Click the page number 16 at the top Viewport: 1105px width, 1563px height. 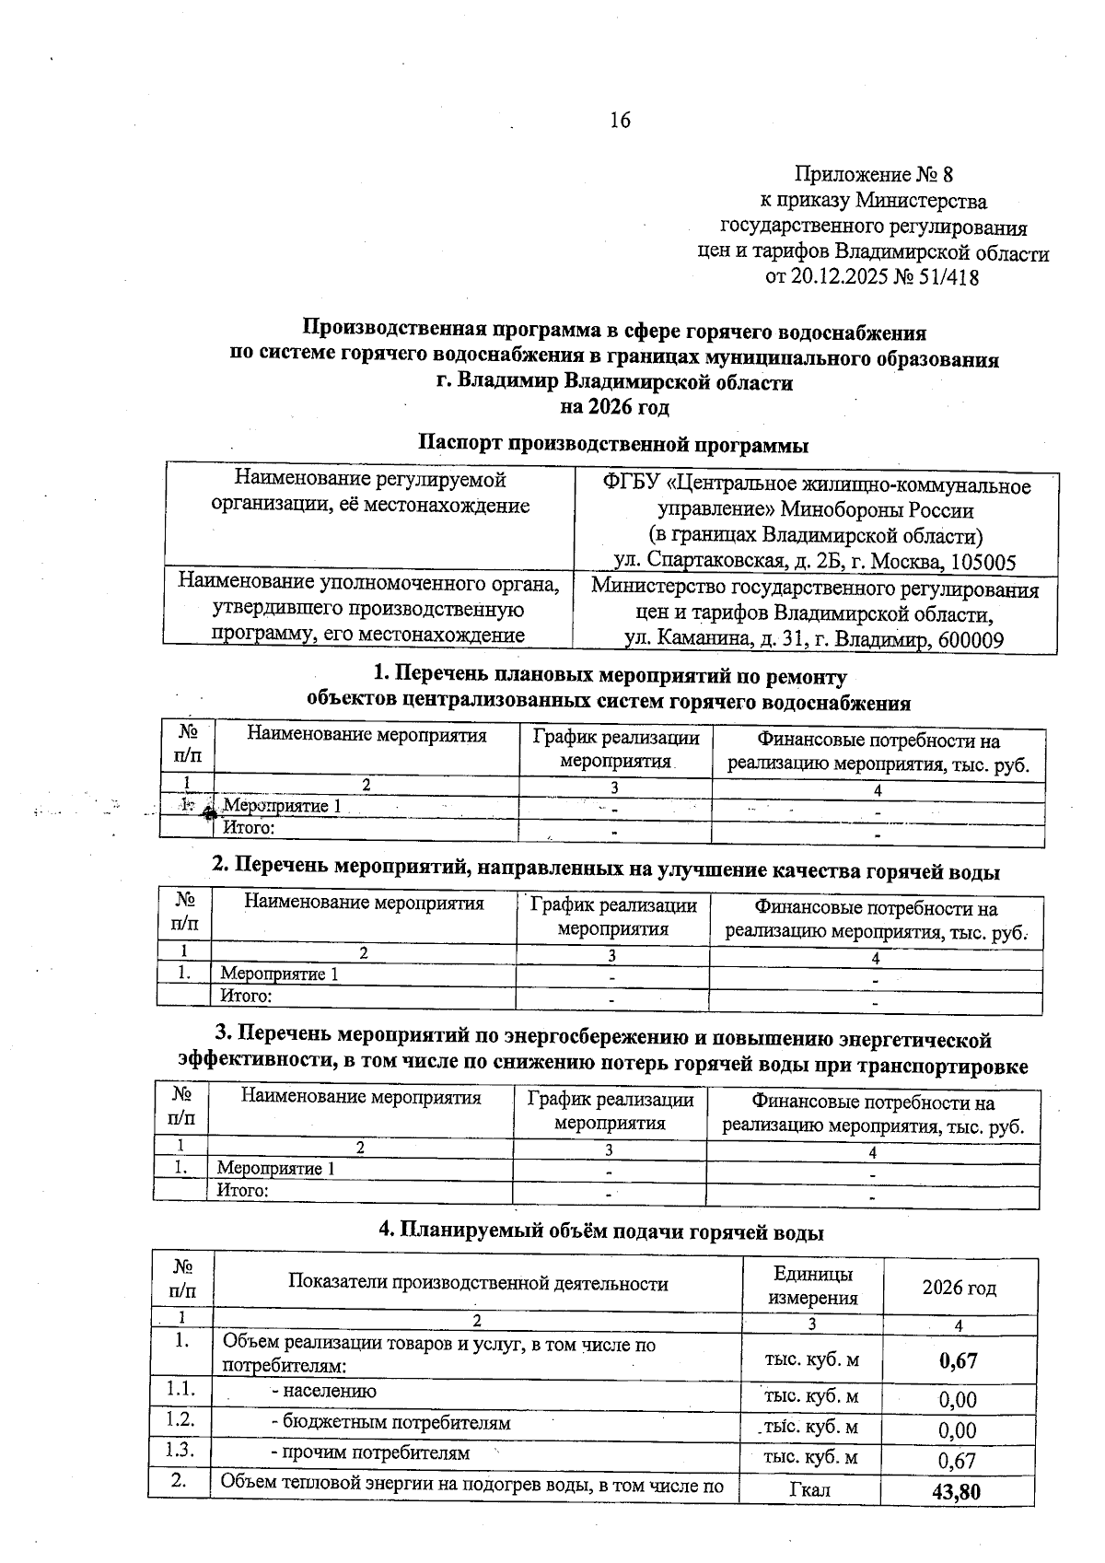coord(620,121)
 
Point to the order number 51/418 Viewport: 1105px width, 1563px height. coord(948,277)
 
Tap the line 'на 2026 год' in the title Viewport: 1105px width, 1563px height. coord(614,407)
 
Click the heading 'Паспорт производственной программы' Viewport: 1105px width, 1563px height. coord(613,445)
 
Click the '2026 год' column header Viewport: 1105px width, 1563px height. coord(959,1288)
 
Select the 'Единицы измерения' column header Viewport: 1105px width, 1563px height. coord(812,1286)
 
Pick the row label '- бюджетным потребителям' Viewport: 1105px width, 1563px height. coord(390,1423)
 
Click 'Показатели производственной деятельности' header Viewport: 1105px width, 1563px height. coord(478,1284)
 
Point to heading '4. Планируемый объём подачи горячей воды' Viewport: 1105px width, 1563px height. coord(601,1232)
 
